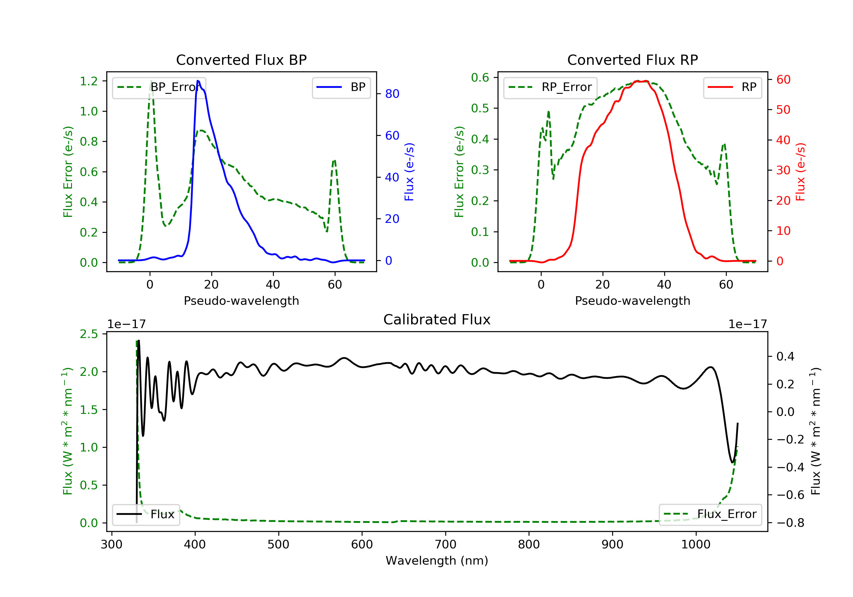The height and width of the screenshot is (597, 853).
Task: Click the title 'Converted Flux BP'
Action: click(241, 60)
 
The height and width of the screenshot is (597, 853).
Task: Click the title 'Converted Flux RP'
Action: click(633, 60)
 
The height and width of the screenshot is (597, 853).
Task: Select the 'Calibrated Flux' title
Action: click(437, 320)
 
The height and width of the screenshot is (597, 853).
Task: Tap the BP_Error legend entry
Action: click(159, 87)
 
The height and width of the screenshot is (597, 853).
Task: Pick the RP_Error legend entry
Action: click(550, 87)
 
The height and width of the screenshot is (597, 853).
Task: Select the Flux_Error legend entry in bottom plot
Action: click(710, 514)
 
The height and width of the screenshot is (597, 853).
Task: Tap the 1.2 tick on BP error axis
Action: click(89, 81)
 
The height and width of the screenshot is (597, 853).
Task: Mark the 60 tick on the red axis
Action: click(783, 80)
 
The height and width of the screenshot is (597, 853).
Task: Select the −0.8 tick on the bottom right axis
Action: click(790, 523)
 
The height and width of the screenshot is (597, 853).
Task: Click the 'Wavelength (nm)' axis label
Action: click(437, 561)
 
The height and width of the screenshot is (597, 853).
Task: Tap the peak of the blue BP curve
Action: click(198, 81)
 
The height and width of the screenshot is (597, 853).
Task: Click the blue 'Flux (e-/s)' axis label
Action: click(409, 172)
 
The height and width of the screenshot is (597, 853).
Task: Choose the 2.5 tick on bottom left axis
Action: click(89, 334)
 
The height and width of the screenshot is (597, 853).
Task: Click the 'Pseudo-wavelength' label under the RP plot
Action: click(633, 300)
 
